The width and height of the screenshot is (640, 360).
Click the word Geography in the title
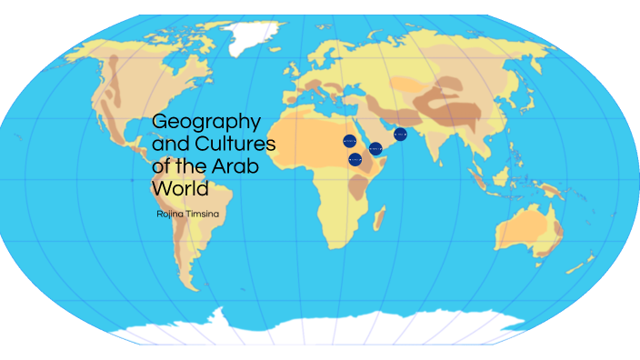(x=206, y=121)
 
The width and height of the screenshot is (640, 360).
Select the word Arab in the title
(x=239, y=166)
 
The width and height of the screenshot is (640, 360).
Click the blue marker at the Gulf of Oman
(x=400, y=135)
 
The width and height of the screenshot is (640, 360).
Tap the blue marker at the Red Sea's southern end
(x=375, y=148)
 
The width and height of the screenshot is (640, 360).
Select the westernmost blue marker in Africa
(x=349, y=141)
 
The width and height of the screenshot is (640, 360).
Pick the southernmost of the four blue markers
(x=355, y=159)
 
